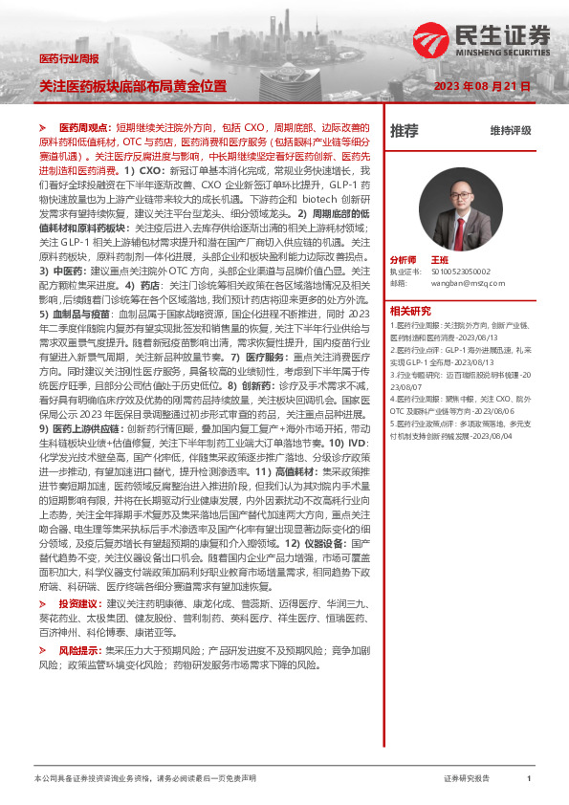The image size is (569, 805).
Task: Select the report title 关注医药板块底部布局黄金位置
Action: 133,86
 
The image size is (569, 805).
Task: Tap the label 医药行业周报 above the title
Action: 68,59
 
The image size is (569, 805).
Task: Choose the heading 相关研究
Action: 412,310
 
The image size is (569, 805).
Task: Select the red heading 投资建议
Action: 80,604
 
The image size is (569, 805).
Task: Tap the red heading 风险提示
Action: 80,650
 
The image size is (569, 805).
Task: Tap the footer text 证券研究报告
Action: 467,779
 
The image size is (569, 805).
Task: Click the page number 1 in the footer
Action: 529,779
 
